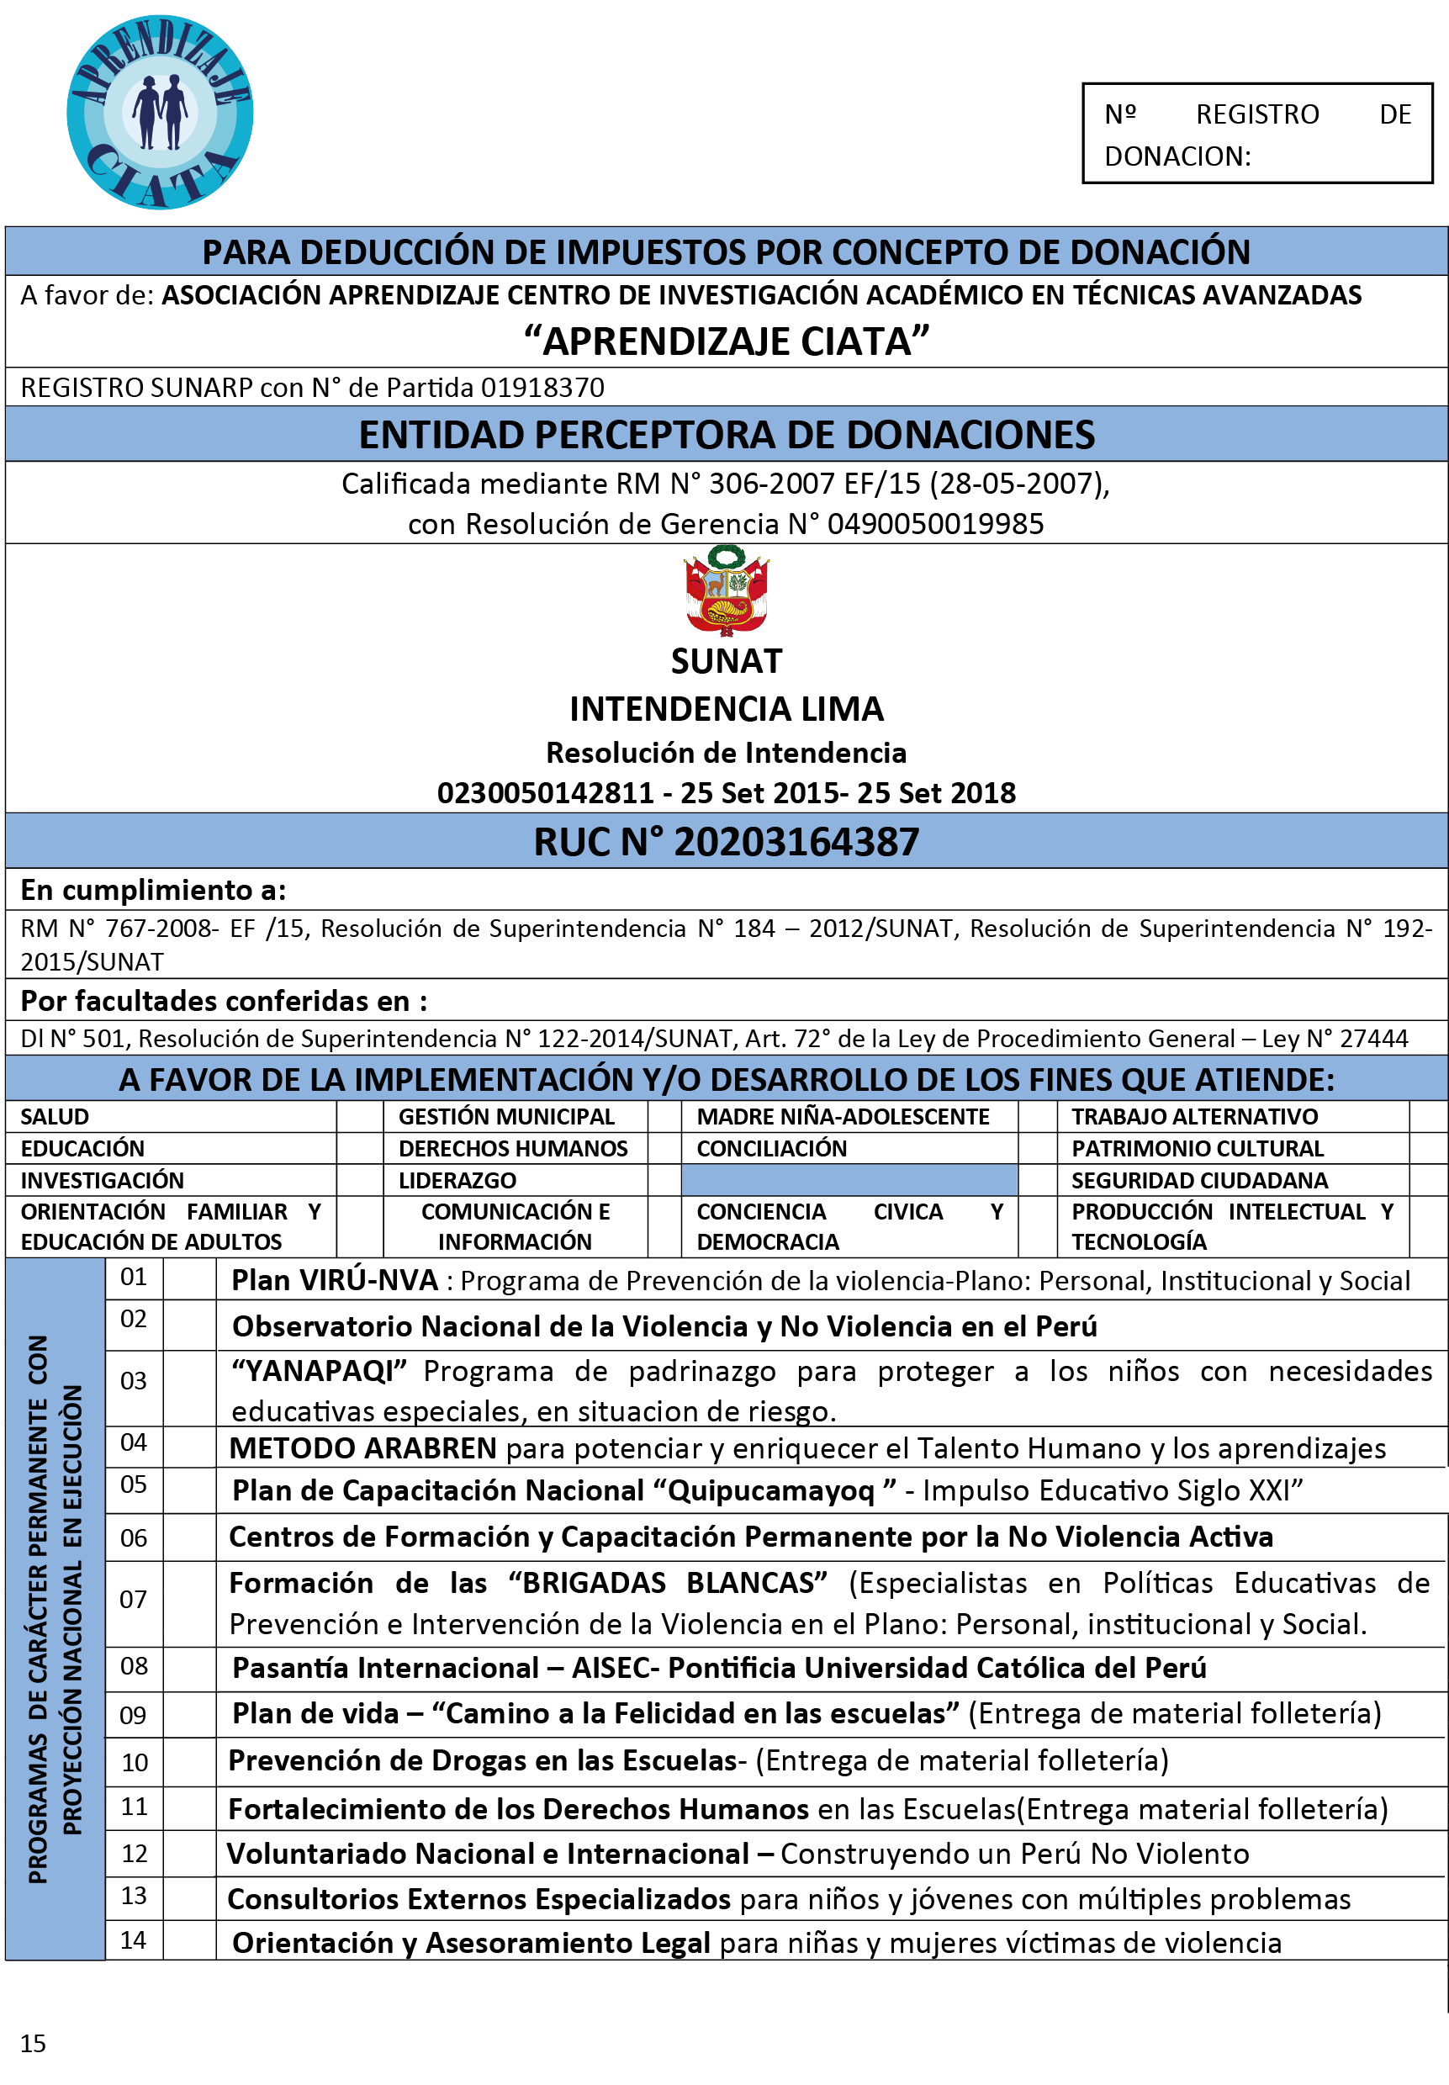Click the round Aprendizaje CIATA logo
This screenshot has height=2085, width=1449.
(160, 113)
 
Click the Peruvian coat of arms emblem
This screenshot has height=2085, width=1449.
(727, 590)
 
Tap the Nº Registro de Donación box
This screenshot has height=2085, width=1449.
(1256, 135)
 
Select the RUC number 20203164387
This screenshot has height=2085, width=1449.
(796, 842)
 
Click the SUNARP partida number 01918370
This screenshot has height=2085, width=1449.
(542, 388)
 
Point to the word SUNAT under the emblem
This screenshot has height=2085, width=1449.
(727, 661)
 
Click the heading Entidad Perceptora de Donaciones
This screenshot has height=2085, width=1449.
(727, 435)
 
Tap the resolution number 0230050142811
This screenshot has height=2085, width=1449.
(545, 793)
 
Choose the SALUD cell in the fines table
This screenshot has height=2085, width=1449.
(56, 1117)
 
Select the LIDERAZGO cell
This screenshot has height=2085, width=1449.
(457, 1181)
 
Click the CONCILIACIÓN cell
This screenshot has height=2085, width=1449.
(771, 1149)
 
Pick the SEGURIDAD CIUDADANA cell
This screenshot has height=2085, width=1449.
(1198, 1181)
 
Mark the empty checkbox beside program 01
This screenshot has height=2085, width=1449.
(189, 1278)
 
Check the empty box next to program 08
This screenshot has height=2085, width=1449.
(189, 1667)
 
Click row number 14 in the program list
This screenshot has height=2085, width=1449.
(134, 1940)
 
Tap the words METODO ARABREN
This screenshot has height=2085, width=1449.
(362, 1448)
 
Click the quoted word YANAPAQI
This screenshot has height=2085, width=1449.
(319, 1371)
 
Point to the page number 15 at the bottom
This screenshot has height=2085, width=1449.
(33, 2043)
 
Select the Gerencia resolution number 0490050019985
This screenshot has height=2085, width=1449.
(935, 524)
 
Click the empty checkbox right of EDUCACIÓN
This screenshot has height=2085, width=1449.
(360, 1149)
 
